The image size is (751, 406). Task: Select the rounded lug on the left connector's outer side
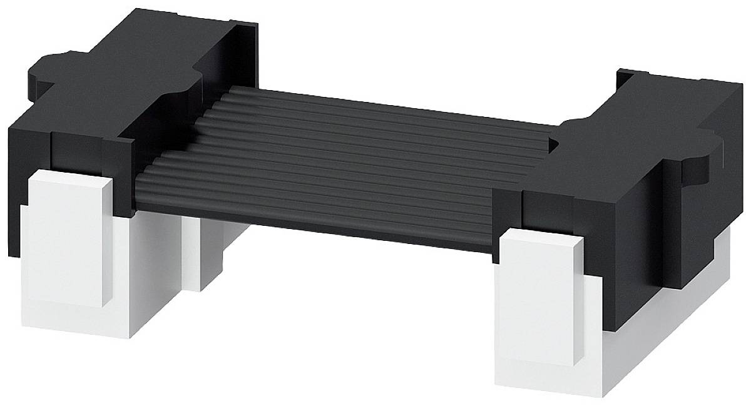(x=47, y=66)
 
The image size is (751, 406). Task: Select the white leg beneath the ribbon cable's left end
(x=210, y=250)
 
